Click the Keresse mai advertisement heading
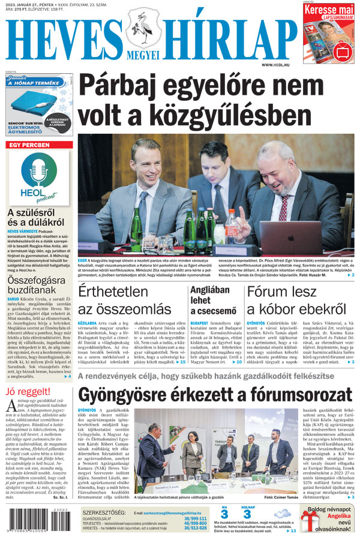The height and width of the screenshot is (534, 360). click(328, 10)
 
